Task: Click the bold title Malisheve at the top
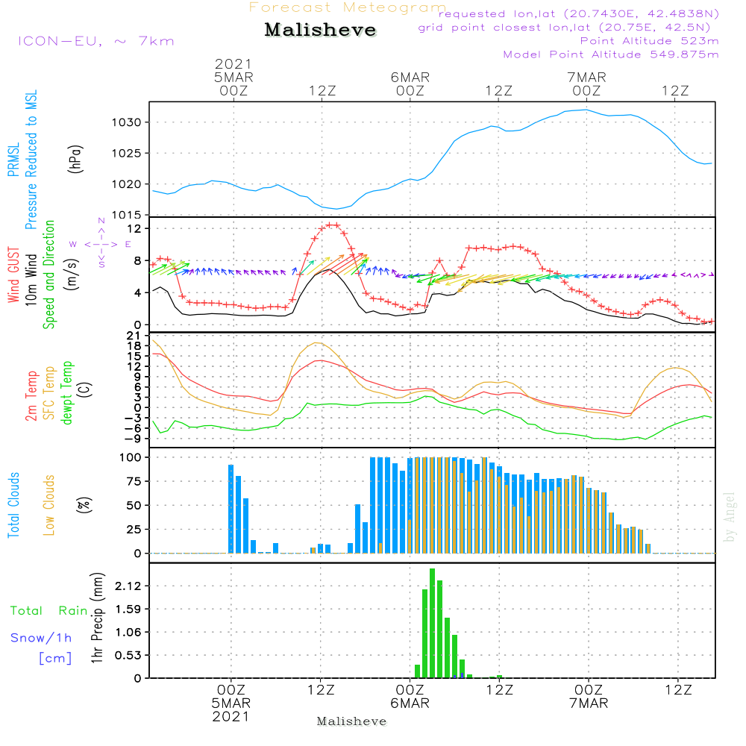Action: [320, 30]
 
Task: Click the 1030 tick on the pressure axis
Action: [127, 123]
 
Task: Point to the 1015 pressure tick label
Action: [127, 215]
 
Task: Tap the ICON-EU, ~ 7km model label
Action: [96, 41]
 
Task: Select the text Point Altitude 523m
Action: [649, 41]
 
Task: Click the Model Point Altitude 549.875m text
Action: [611, 54]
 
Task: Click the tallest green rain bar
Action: [432, 623]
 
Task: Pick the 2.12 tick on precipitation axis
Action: [128, 586]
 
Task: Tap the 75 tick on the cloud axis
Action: [134, 481]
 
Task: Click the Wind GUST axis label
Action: [13, 275]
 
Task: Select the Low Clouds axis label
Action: [49, 505]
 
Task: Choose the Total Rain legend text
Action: [49, 610]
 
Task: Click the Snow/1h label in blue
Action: [41, 638]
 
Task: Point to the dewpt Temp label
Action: [66, 392]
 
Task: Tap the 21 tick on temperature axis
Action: [134, 336]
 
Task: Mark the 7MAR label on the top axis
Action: [586, 77]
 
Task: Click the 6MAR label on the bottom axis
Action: [410, 703]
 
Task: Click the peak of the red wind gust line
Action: [333, 225]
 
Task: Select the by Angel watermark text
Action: [730, 517]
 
